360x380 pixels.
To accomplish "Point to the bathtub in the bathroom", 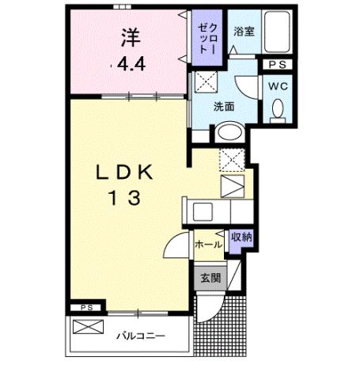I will [x=275, y=32].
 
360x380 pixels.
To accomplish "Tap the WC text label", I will [x=277, y=85].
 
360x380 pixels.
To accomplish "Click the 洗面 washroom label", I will [x=224, y=106].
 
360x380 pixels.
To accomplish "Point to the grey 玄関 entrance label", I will [x=210, y=277].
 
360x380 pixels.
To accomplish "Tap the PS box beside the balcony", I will [x=87, y=307].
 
